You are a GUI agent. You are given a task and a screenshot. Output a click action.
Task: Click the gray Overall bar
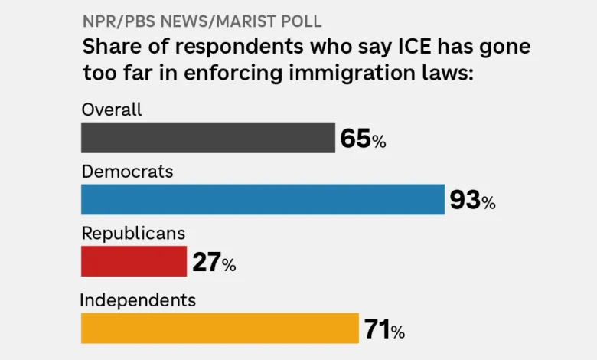click(x=207, y=138)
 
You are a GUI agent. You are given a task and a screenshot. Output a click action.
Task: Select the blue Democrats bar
click(x=263, y=199)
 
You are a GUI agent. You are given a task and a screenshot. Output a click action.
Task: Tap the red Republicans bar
click(x=134, y=261)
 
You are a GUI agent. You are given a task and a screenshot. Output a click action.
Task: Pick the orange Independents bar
click(x=220, y=328)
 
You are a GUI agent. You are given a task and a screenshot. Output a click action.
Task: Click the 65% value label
click(x=363, y=139)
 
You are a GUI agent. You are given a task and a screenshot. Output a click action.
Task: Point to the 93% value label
click(x=472, y=201)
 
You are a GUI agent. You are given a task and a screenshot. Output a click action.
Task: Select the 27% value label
click(x=214, y=263)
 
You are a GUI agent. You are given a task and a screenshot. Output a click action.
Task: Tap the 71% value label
click(x=384, y=330)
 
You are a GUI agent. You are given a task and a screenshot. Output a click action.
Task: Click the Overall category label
click(x=112, y=110)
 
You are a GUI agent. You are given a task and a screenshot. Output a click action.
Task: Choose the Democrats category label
click(x=127, y=172)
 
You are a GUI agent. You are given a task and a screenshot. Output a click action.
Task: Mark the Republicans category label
click(x=133, y=233)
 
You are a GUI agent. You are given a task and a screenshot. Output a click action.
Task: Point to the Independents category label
click(x=138, y=300)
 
